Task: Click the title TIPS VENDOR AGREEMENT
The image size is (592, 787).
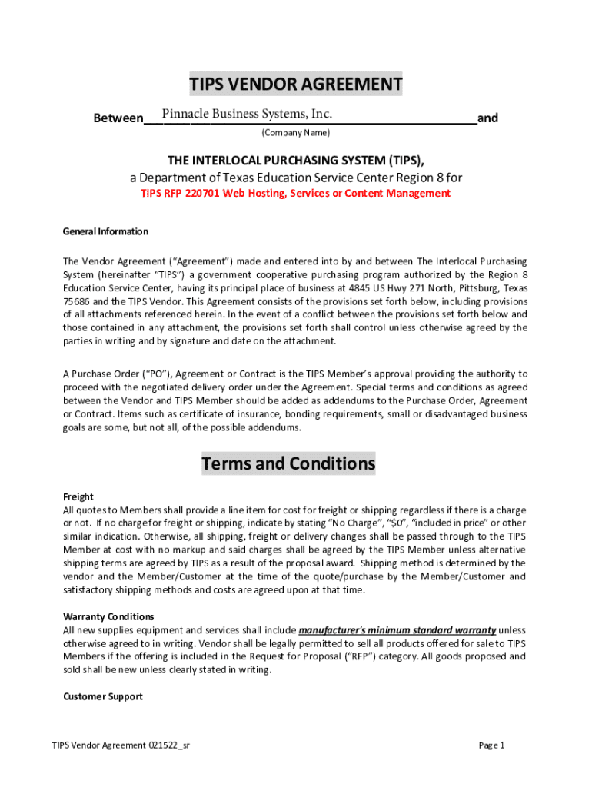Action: tap(296, 84)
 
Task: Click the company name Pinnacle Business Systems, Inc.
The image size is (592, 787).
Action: tap(247, 115)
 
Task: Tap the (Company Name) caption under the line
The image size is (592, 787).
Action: tap(295, 133)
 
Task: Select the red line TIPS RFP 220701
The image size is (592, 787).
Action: tap(295, 193)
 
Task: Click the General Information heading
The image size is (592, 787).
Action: tap(105, 231)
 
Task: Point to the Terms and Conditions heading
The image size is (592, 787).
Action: tap(288, 463)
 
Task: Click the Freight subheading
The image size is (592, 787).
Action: tap(78, 496)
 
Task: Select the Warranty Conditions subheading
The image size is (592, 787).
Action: tap(108, 616)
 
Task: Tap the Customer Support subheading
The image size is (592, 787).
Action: tap(102, 696)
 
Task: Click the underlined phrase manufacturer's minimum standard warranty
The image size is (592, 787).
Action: tap(397, 630)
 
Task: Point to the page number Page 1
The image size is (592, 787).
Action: tap(491, 745)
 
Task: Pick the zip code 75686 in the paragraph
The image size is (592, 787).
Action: tap(76, 301)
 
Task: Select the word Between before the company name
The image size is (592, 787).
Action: tap(118, 118)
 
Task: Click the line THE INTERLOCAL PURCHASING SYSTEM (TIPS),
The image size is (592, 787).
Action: tap(296, 160)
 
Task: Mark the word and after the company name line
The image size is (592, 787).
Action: tap(487, 118)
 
